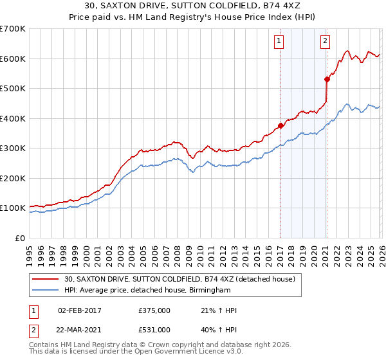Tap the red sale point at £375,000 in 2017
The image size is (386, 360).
tap(280, 126)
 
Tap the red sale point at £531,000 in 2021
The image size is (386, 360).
tap(327, 79)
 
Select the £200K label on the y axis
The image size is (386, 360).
tap(13, 178)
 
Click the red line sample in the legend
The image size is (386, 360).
tap(46, 279)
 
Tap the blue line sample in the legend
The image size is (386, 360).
tap(46, 291)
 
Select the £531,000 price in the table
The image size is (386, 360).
tap(154, 330)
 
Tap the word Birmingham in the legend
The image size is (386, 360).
tap(207, 291)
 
